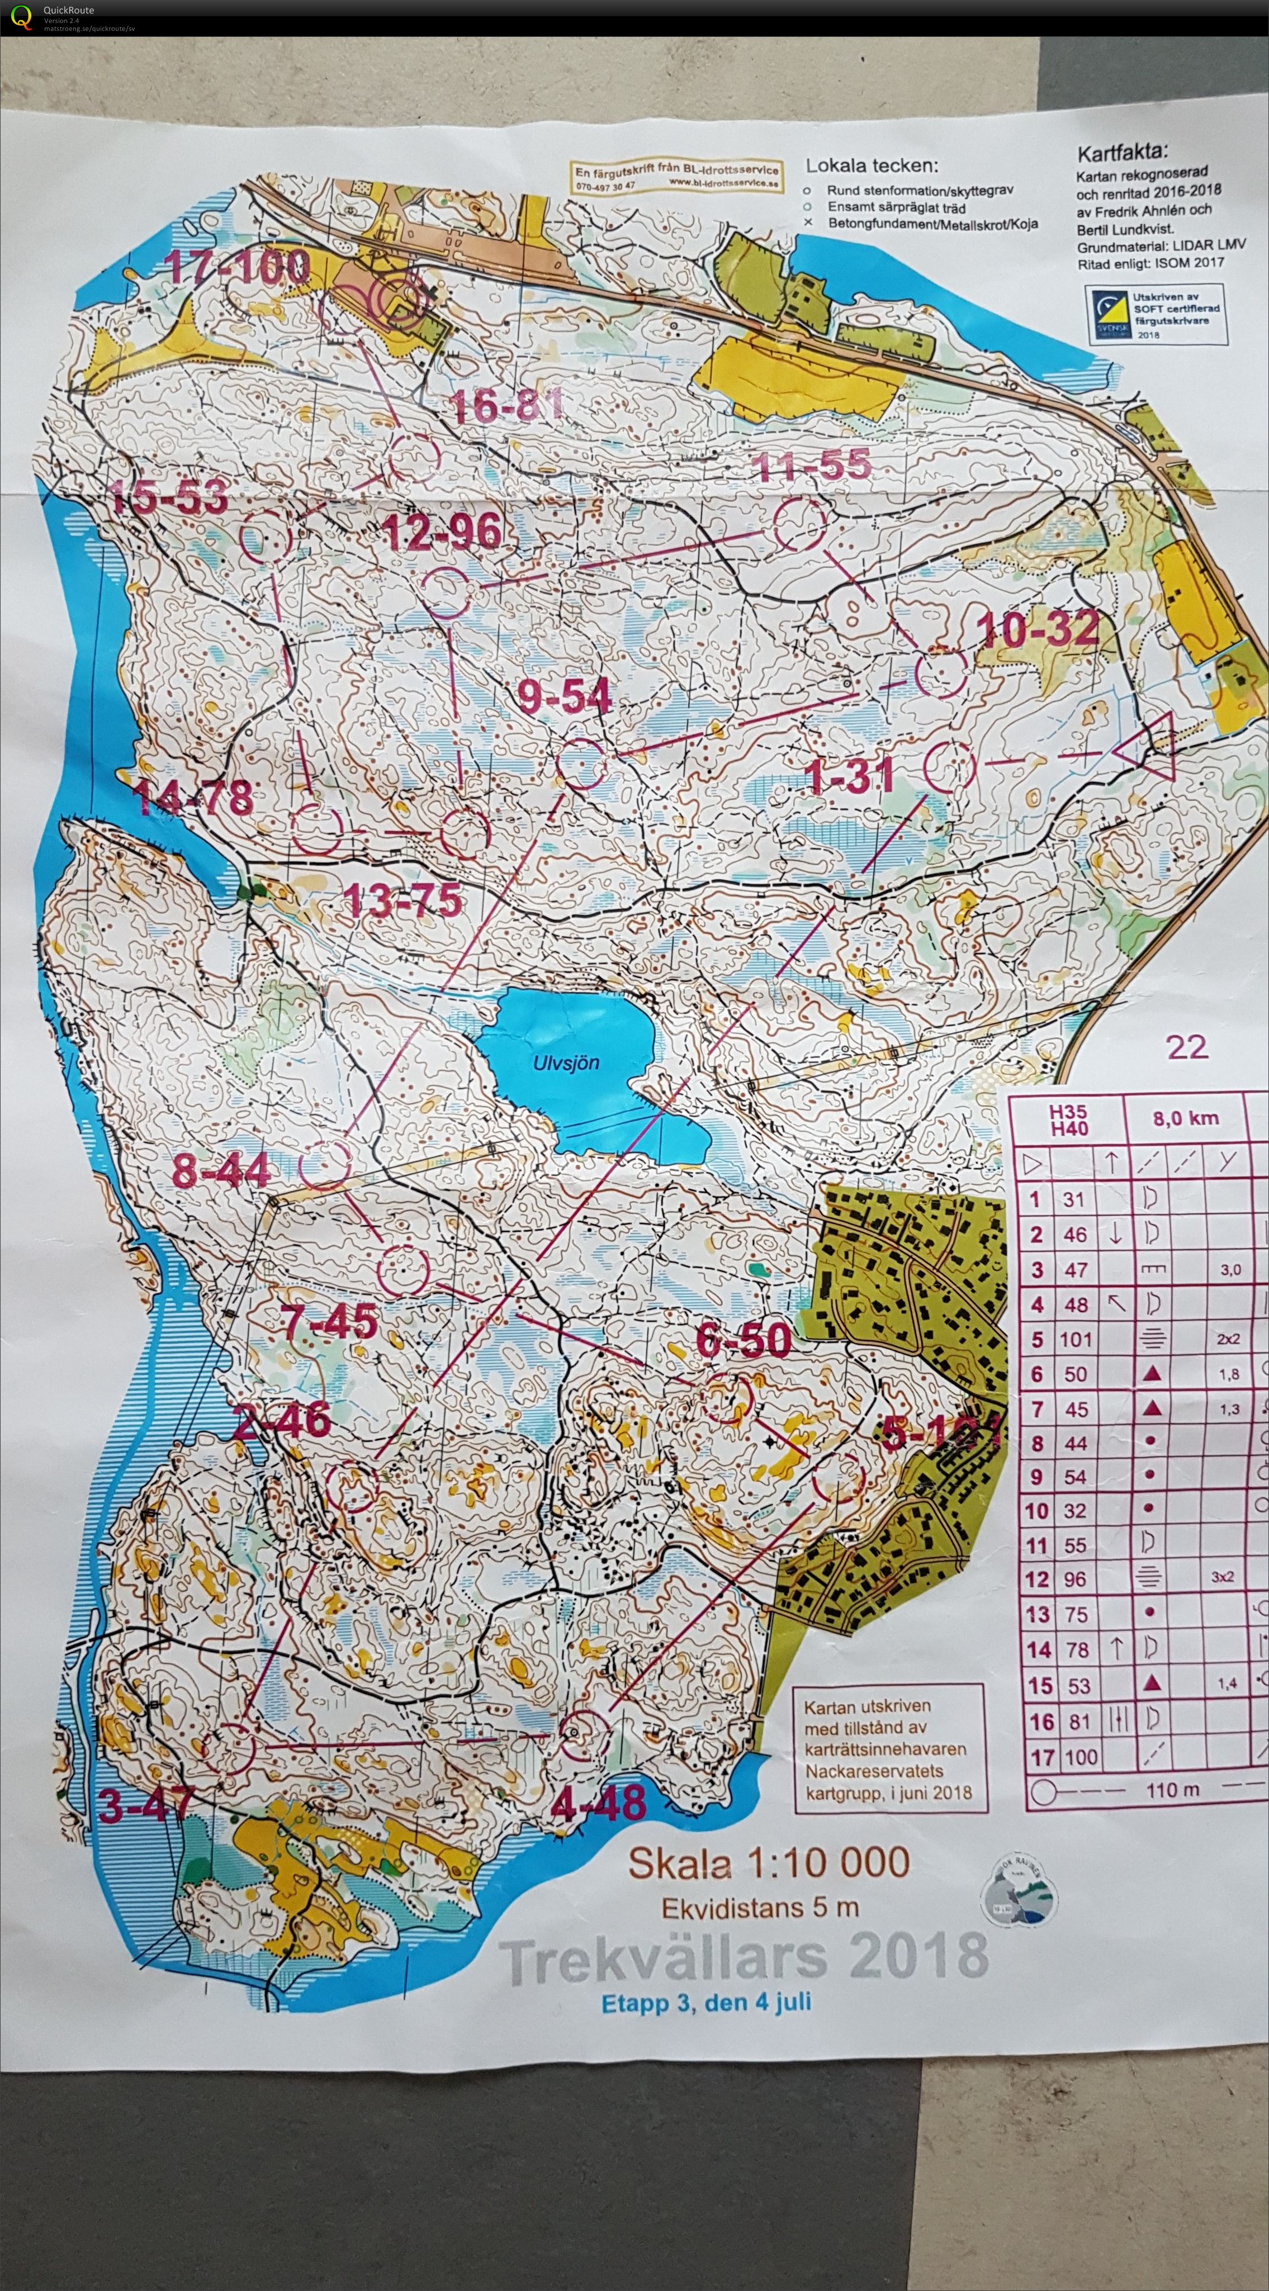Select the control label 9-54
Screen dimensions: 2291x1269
(x=565, y=696)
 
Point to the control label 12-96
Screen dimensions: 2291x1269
(x=442, y=533)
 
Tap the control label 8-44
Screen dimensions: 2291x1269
(x=221, y=1170)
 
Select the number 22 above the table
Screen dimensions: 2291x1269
(x=1186, y=1047)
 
